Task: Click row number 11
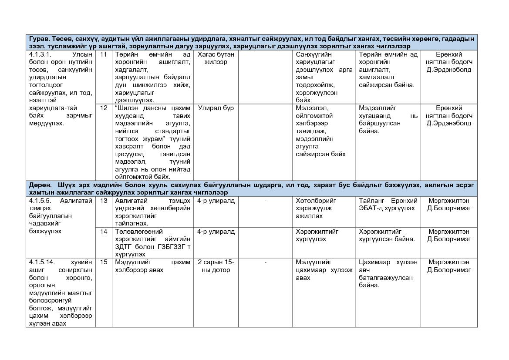pyautogui.click(x=104, y=55)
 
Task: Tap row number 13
pyautogui.click(x=104, y=201)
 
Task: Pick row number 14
pyautogui.click(x=104, y=232)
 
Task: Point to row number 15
pyautogui.click(x=104, y=262)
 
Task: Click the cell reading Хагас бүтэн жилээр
pyautogui.click(x=216, y=58)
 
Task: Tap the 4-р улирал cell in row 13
pyautogui.click(x=216, y=201)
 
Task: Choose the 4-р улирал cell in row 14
pyautogui.click(x=216, y=232)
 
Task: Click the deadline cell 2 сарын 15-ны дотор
pyautogui.click(x=216, y=266)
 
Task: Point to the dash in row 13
pyautogui.click(x=265, y=201)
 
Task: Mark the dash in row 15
pyautogui.click(x=265, y=262)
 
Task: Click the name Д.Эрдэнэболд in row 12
pyautogui.click(x=448, y=123)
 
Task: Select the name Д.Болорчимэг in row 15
pyautogui.click(x=448, y=270)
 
